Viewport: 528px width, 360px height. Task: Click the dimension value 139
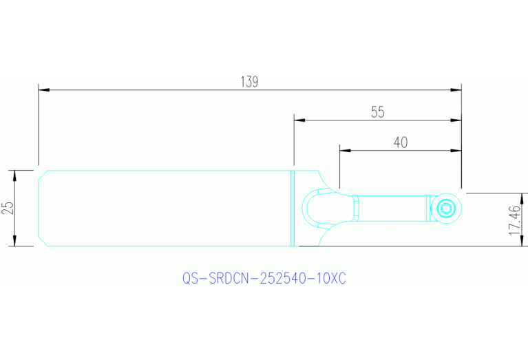pos(249,81)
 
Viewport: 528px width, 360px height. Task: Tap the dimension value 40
pos(401,142)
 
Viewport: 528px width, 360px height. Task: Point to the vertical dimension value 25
pos(8,208)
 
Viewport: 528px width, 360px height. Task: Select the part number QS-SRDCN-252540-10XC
pos(264,279)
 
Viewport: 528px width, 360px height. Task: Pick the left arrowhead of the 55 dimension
pos(299,120)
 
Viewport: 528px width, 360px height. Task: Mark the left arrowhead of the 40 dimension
pos(345,149)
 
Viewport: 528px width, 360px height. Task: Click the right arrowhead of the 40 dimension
pos(456,149)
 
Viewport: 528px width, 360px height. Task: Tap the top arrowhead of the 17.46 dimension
pos(523,198)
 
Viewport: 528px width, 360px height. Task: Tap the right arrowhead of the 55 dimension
pos(456,120)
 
